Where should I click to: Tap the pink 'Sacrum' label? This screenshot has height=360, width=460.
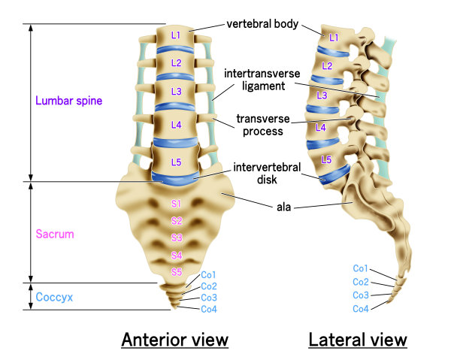click(x=54, y=233)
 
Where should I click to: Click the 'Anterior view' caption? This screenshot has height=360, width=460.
click(x=174, y=340)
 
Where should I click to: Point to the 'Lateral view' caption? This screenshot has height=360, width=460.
click(x=358, y=340)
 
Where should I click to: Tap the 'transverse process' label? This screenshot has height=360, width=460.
click(x=259, y=125)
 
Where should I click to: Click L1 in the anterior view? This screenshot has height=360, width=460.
click(x=175, y=35)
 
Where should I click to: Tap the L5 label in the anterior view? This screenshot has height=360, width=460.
click(x=175, y=161)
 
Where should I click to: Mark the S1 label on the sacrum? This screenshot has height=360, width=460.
click(x=177, y=204)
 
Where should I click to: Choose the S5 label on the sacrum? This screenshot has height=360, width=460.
click(x=177, y=271)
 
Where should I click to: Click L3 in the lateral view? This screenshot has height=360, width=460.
click(x=322, y=95)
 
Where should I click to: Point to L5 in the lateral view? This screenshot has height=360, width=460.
click(x=325, y=159)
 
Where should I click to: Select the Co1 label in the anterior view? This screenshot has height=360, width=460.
click(x=209, y=275)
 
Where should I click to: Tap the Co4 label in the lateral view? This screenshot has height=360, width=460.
click(x=361, y=309)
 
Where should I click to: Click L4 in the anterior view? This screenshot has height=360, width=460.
click(x=175, y=125)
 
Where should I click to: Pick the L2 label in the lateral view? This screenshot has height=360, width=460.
click(x=326, y=65)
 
